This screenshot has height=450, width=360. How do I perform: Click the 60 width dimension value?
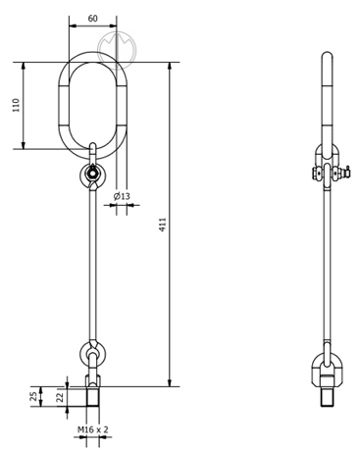pos(93,19)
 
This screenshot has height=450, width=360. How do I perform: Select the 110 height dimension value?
pos(16,105)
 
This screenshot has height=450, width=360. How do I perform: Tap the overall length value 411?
pos(163,225)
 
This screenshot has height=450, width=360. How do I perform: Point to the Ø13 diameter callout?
pos(122,196)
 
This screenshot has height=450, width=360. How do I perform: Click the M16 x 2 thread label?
pos(92,429)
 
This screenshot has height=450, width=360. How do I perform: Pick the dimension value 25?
pos(33,397)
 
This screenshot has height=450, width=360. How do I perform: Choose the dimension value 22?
pos(60,397)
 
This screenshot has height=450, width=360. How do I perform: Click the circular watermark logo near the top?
pos(117,50)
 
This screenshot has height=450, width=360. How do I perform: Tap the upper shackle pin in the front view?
pos(92,173)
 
